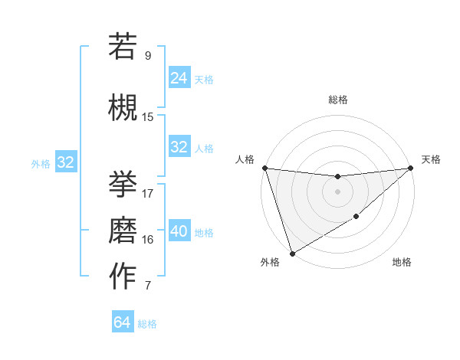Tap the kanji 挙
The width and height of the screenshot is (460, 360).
tap(123, 183)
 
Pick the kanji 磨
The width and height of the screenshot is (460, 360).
tap(123, 229)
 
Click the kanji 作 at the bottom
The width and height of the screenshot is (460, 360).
tap(123, 277)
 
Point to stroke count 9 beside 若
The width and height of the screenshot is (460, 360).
tap(148, 55)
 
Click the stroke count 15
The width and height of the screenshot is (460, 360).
tap(148, 116)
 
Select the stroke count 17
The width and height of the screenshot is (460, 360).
tap(148, 193)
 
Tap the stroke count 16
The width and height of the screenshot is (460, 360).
tap(148, 239)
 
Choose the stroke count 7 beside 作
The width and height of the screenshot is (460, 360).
tap(148, 286)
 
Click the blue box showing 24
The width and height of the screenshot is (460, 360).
tap(179, 77)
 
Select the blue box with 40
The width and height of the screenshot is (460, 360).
tap(179, 231)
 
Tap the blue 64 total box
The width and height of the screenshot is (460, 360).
tap(123, 322)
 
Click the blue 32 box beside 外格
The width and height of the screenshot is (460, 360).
tap(66, 162)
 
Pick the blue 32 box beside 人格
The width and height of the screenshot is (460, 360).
tap(179, 147)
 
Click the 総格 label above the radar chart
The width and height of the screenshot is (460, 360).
tap(338, 100)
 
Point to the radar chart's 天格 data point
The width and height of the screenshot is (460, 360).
tap(411, 169)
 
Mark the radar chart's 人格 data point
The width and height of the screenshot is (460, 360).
tap(264, 168)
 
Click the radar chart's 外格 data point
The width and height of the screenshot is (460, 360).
tap(292, 253)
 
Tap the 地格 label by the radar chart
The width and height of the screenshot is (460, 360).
tap(402, 263)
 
